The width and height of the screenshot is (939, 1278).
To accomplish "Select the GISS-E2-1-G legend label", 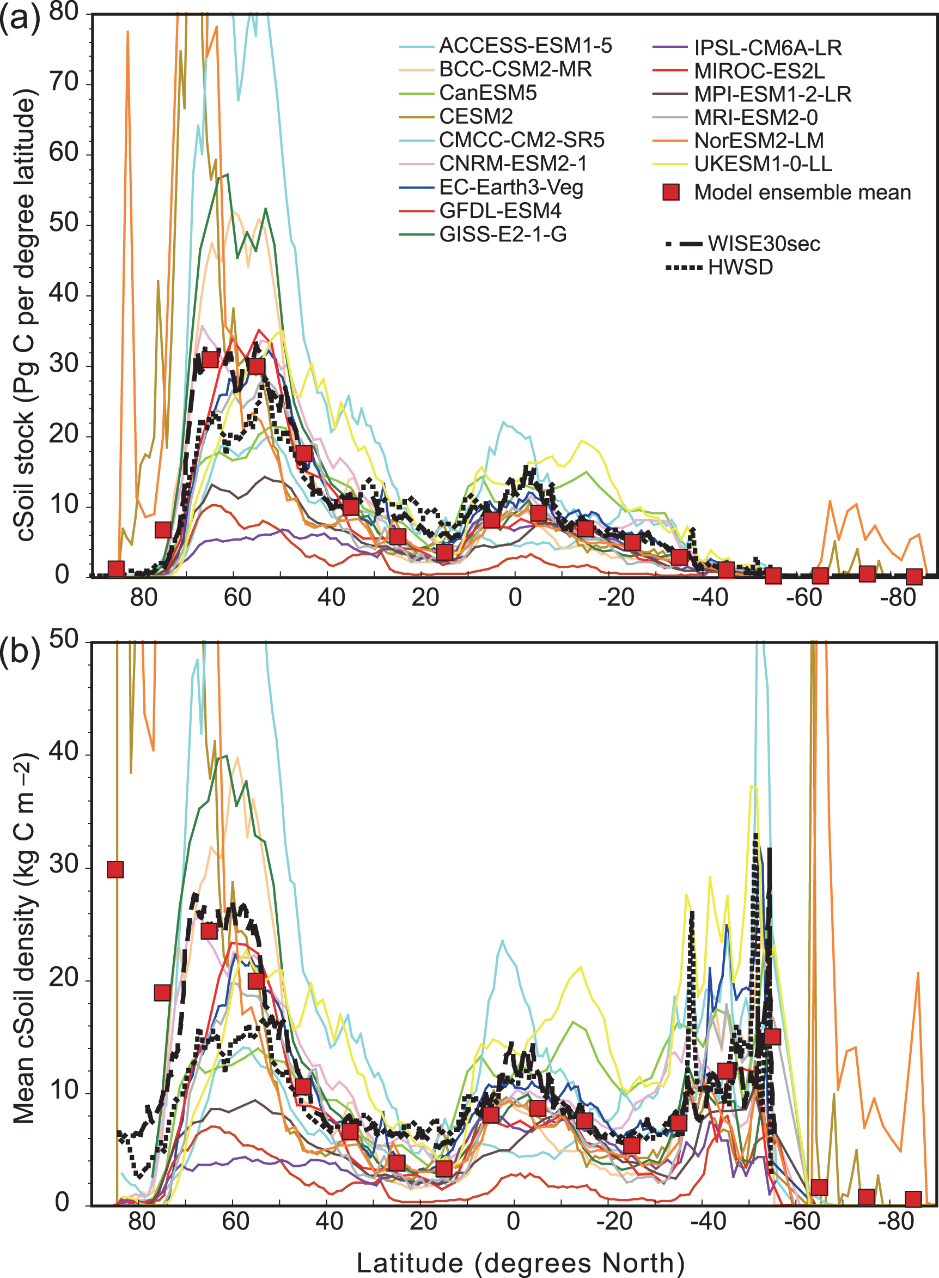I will point(503,234).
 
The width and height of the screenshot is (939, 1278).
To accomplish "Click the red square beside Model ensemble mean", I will point(671,192).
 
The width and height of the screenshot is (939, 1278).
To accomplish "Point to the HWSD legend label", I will point(740,267).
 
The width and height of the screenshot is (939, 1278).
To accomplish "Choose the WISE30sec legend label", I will point(764,244).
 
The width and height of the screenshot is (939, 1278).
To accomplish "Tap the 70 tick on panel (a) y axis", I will point(64,82).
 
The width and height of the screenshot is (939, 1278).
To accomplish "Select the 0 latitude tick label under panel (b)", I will point(513,1221).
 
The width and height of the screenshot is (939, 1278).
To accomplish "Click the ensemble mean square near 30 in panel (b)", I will point(115,870).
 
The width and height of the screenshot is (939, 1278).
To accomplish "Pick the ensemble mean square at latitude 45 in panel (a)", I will point(304,453).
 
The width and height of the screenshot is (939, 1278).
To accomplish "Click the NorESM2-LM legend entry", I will point(758,141).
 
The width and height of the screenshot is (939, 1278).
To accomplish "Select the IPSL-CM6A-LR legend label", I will point(767,49).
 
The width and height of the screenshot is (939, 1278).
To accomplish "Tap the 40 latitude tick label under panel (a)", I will point(331,598).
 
